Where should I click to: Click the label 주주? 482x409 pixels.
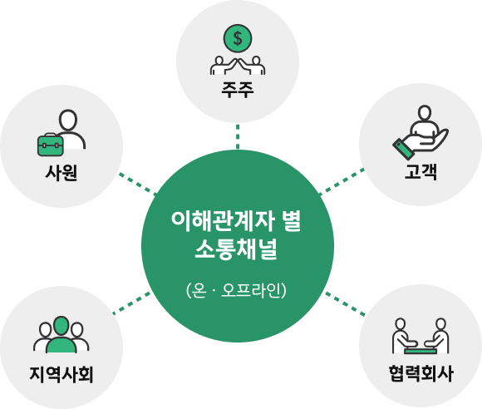(238, 90)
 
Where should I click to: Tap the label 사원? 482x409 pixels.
(61, 173)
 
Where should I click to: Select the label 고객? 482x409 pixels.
(421, 171)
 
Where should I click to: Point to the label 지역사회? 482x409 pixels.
(61, 374)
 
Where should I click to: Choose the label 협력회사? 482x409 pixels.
(421, 373)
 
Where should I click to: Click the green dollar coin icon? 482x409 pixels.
(238, 38)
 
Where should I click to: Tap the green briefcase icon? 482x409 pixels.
(51, 145)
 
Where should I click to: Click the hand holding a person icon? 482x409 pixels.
(421, 133)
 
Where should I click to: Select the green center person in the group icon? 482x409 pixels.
(61, 334)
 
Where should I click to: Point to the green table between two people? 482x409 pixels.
(421, 351)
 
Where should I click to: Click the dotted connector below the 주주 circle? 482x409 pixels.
(238, 136)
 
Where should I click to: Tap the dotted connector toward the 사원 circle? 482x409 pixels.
(138, 184)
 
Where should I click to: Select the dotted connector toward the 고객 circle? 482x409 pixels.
(342, 182)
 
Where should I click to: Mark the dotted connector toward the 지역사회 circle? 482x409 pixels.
(131, 303)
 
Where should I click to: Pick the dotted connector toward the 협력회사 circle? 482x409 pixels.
(345, 303)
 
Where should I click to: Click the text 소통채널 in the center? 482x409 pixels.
(236, 249)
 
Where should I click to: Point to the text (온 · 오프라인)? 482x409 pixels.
(236, 290)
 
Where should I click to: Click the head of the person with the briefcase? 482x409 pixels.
(68, 120)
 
